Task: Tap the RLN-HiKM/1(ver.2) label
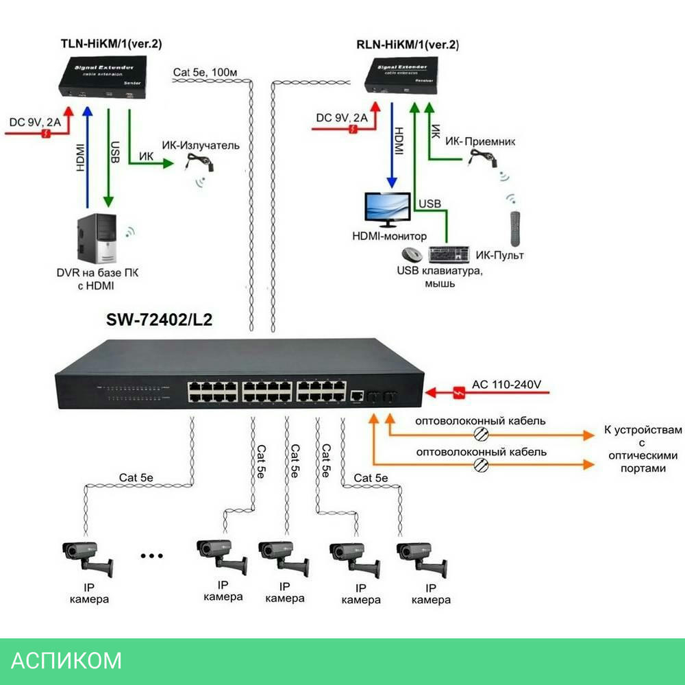407,45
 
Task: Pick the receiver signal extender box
402,77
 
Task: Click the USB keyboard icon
448,255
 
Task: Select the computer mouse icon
412,255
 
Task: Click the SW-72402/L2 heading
160,320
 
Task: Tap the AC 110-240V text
507,385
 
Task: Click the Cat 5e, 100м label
206,72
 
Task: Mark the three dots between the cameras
151,555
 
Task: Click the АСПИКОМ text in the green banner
67,660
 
